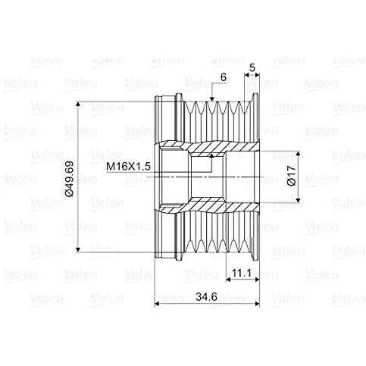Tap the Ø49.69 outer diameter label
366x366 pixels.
coord(68,178)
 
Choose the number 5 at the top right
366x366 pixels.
coord(252,67)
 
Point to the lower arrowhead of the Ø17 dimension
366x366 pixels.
coord(302,203)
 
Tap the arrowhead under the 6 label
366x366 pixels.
coord(213,99)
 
